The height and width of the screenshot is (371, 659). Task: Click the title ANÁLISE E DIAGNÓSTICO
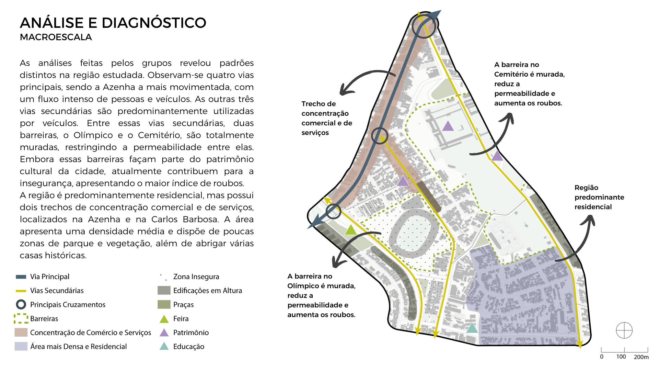pos(113,23)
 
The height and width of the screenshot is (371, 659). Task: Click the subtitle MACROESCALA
pos(56,37)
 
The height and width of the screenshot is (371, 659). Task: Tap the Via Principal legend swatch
pos(21,277)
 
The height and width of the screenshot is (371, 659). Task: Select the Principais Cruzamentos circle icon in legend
pos(21,304)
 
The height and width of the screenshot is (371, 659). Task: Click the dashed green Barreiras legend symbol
pos(21,318)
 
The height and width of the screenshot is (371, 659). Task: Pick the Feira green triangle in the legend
pos(164,319)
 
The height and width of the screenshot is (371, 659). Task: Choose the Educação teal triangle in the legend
pos(164,347)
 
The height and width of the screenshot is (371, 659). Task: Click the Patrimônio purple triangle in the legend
pos(164,333)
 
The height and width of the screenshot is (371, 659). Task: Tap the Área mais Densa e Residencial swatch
pos(21,346)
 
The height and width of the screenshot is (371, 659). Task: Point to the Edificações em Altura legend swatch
pos(164,291)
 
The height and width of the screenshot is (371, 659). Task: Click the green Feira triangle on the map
pos(350,230)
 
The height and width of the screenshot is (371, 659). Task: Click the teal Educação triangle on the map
pos(472,328)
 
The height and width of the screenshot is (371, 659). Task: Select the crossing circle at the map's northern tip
pos(424,25)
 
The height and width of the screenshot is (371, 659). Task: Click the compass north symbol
pos(624,330)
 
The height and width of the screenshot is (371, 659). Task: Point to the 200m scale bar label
pos(641,357)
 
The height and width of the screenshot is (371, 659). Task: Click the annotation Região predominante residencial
pos(599,197)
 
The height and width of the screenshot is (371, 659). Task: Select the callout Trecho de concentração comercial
pos(326,118)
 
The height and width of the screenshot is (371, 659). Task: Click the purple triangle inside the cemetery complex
pos(448,126)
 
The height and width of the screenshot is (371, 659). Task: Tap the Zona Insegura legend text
pos(196,277)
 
